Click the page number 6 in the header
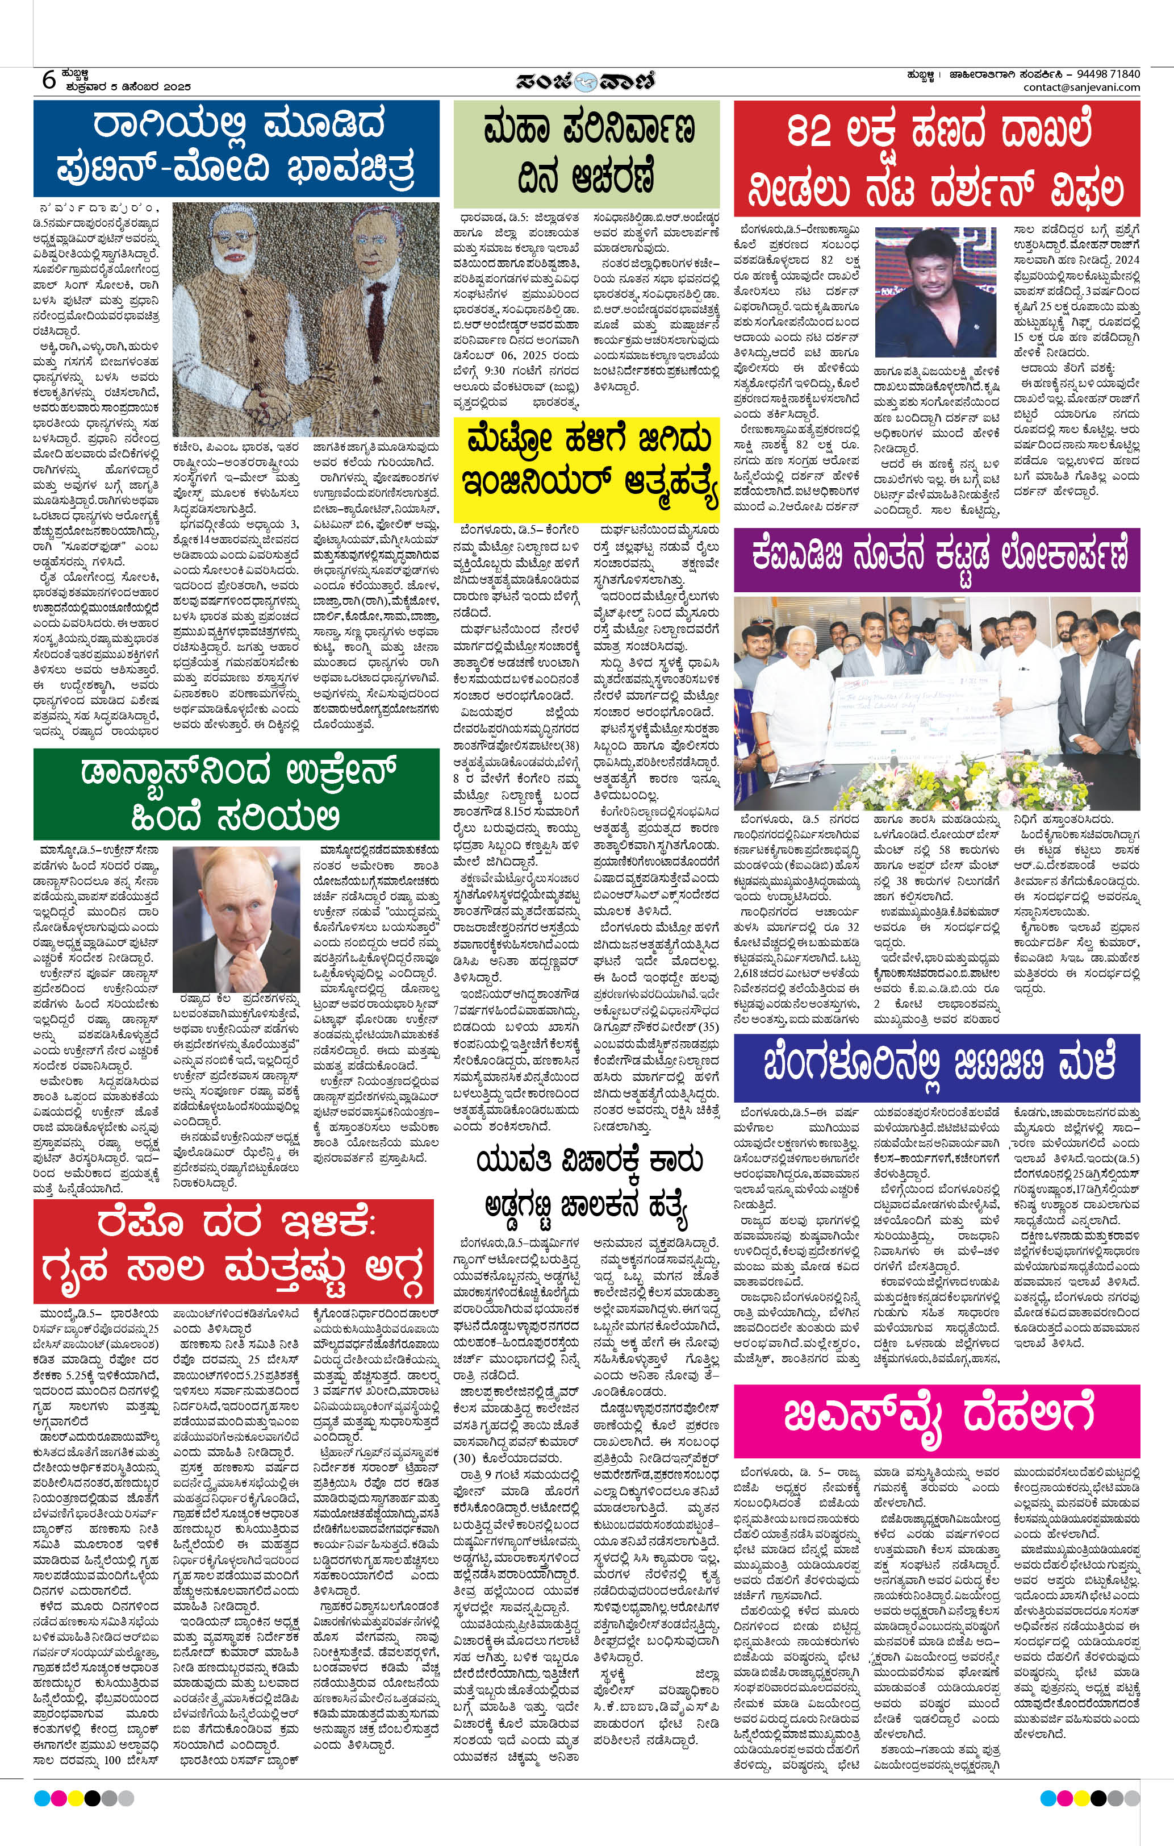(48, 79)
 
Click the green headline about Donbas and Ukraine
(236, 794)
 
